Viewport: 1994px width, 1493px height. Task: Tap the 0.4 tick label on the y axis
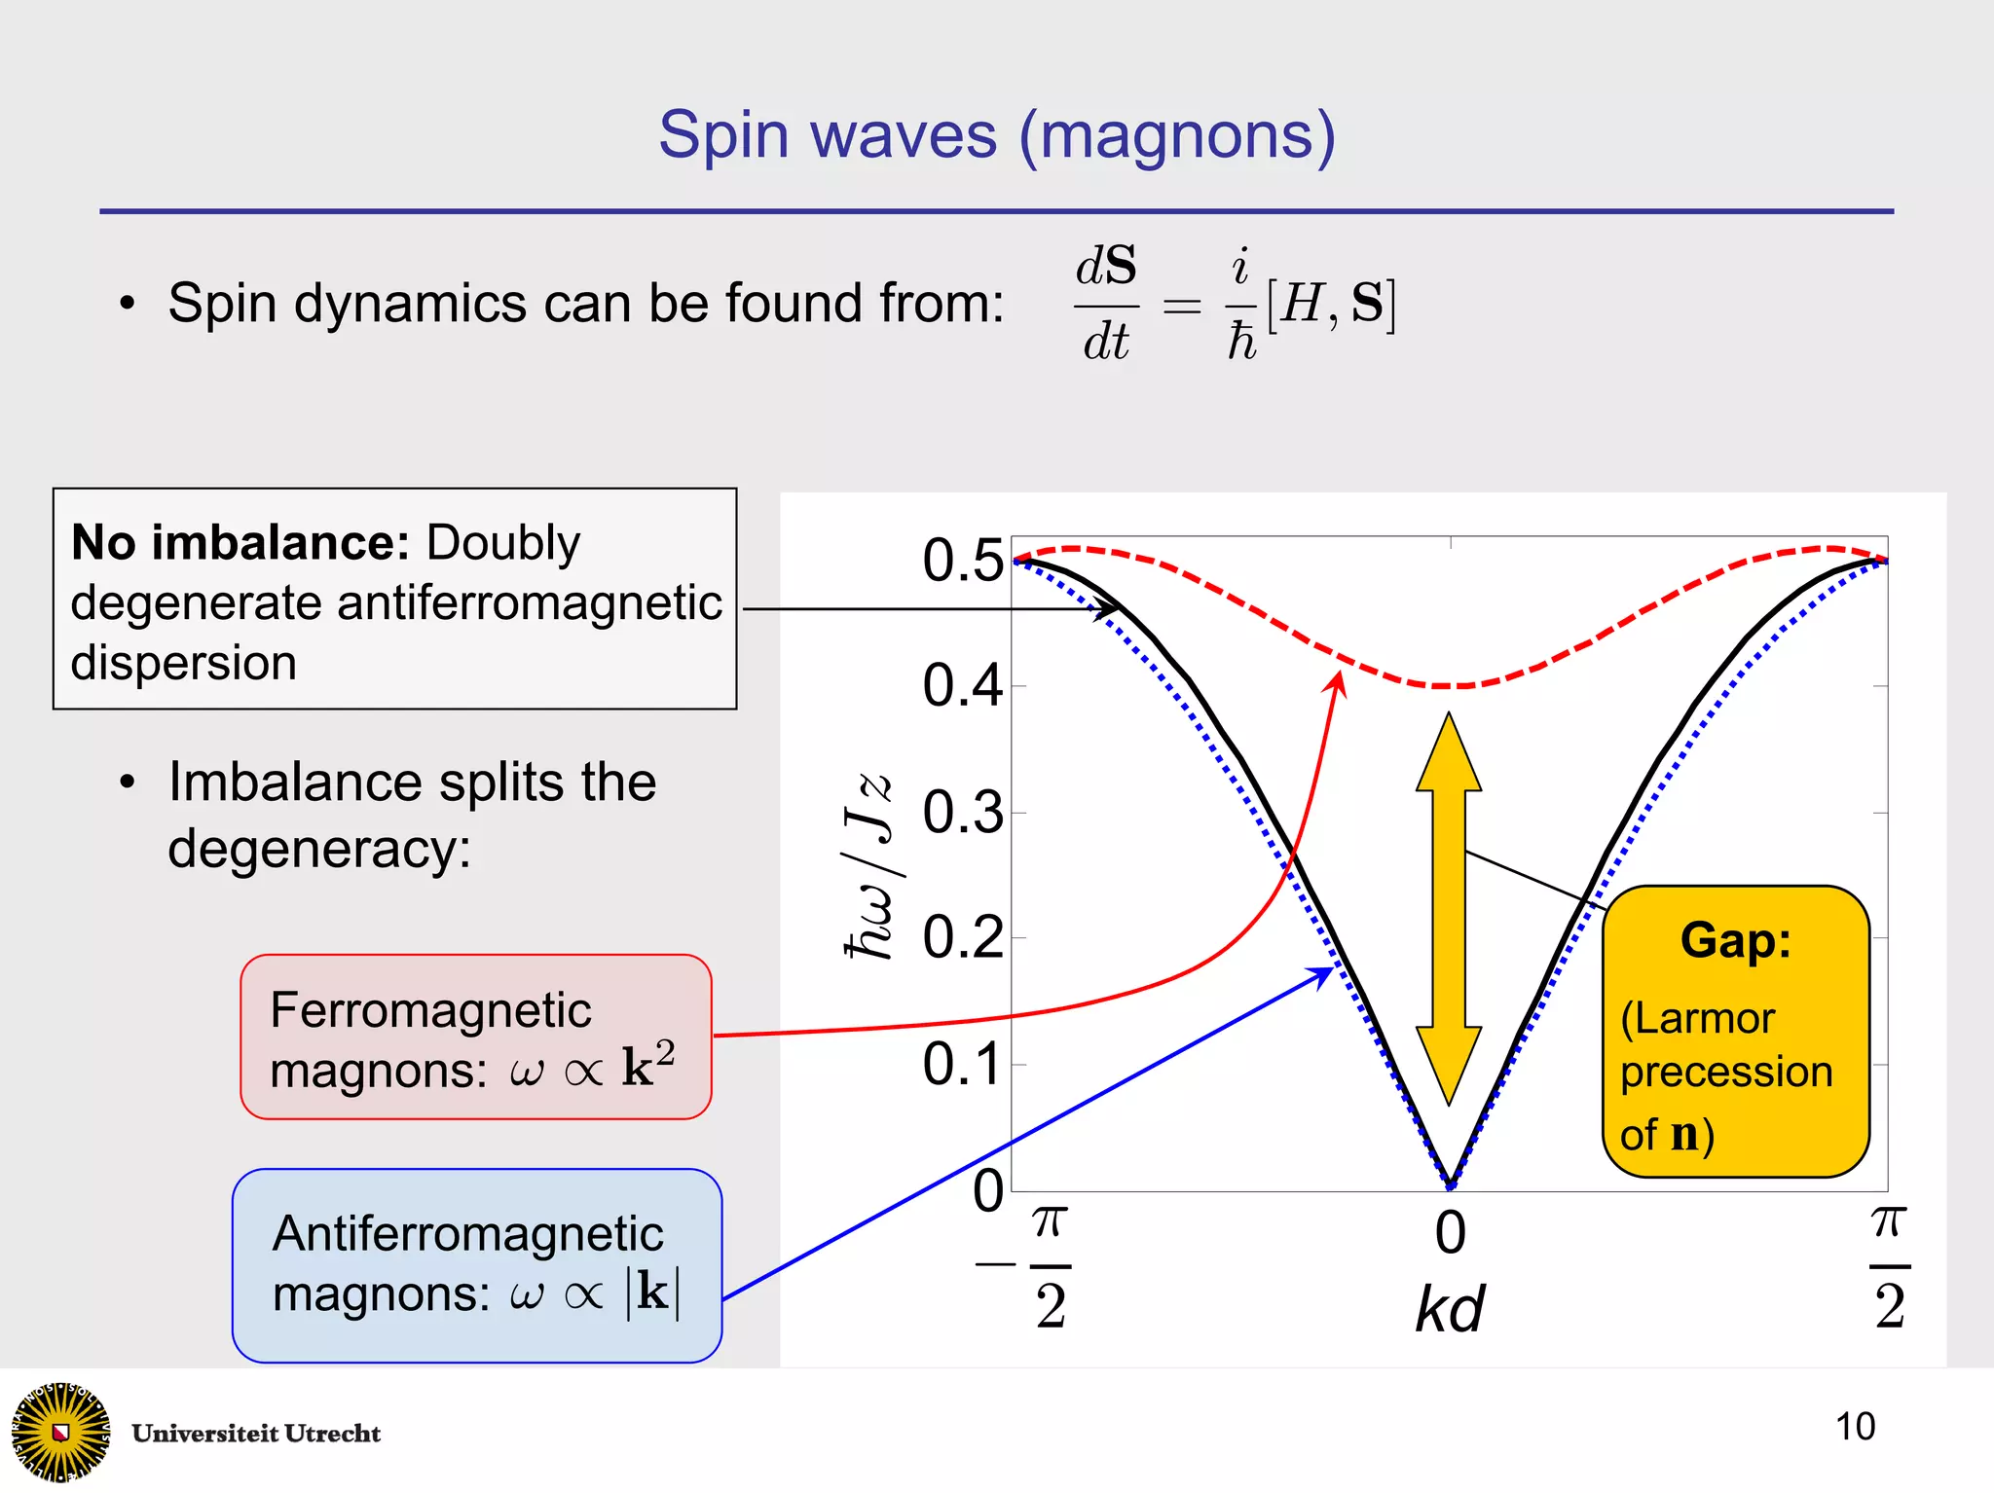tap(962, 686)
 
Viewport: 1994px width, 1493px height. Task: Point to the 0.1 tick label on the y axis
tap(962, 1064)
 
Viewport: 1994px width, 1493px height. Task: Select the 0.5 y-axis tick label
tap(962, 561)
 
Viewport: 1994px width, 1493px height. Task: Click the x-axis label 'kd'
tap(1450, 1309)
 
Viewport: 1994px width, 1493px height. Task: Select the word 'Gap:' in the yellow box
tap(1736, 941)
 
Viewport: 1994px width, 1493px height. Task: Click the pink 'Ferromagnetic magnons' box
tap(476, 1038)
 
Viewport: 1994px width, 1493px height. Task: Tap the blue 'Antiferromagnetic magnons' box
tap(477, 1265)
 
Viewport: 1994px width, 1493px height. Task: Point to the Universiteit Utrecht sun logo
tap(60, 1432)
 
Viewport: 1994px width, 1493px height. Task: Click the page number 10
tap(1855, 1427)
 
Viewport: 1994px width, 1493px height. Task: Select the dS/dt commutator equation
tap(1235, 304)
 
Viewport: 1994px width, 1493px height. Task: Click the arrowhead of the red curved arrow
tap(1338, 681)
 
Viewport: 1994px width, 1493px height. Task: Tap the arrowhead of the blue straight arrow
tap(1323, 973)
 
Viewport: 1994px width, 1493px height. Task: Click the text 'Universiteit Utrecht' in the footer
tap(256, 1434)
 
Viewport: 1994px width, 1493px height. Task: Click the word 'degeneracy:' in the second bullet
tap(319, 850)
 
